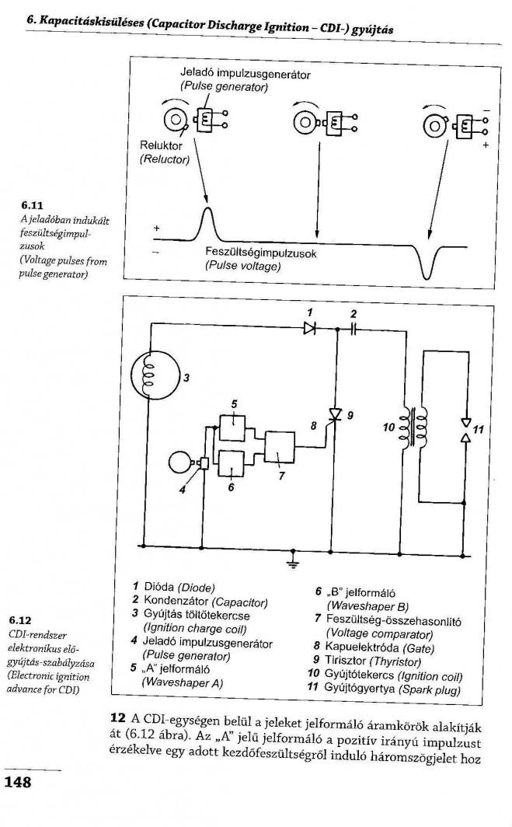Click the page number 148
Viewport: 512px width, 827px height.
coord(18,782)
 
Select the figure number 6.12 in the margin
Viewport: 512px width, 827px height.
coord(21,621)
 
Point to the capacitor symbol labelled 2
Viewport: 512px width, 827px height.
coord(354,330)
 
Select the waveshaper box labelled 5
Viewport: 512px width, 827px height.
coord(233,427)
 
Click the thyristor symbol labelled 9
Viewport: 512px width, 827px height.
coord(336,420)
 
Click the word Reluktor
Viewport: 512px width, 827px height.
coord(161,145)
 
